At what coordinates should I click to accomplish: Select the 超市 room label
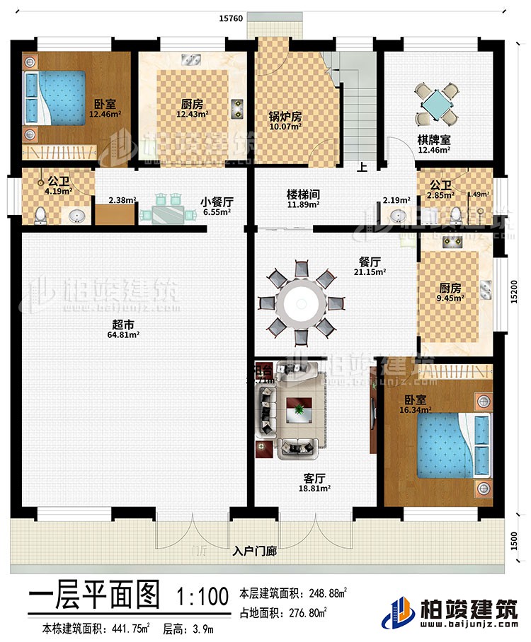(x=118, y=327)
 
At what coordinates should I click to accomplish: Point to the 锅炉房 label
(x=285, y=117)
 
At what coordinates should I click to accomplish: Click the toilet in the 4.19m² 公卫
(x=41, y=214)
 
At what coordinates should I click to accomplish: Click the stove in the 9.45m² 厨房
(x=451, y=243)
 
